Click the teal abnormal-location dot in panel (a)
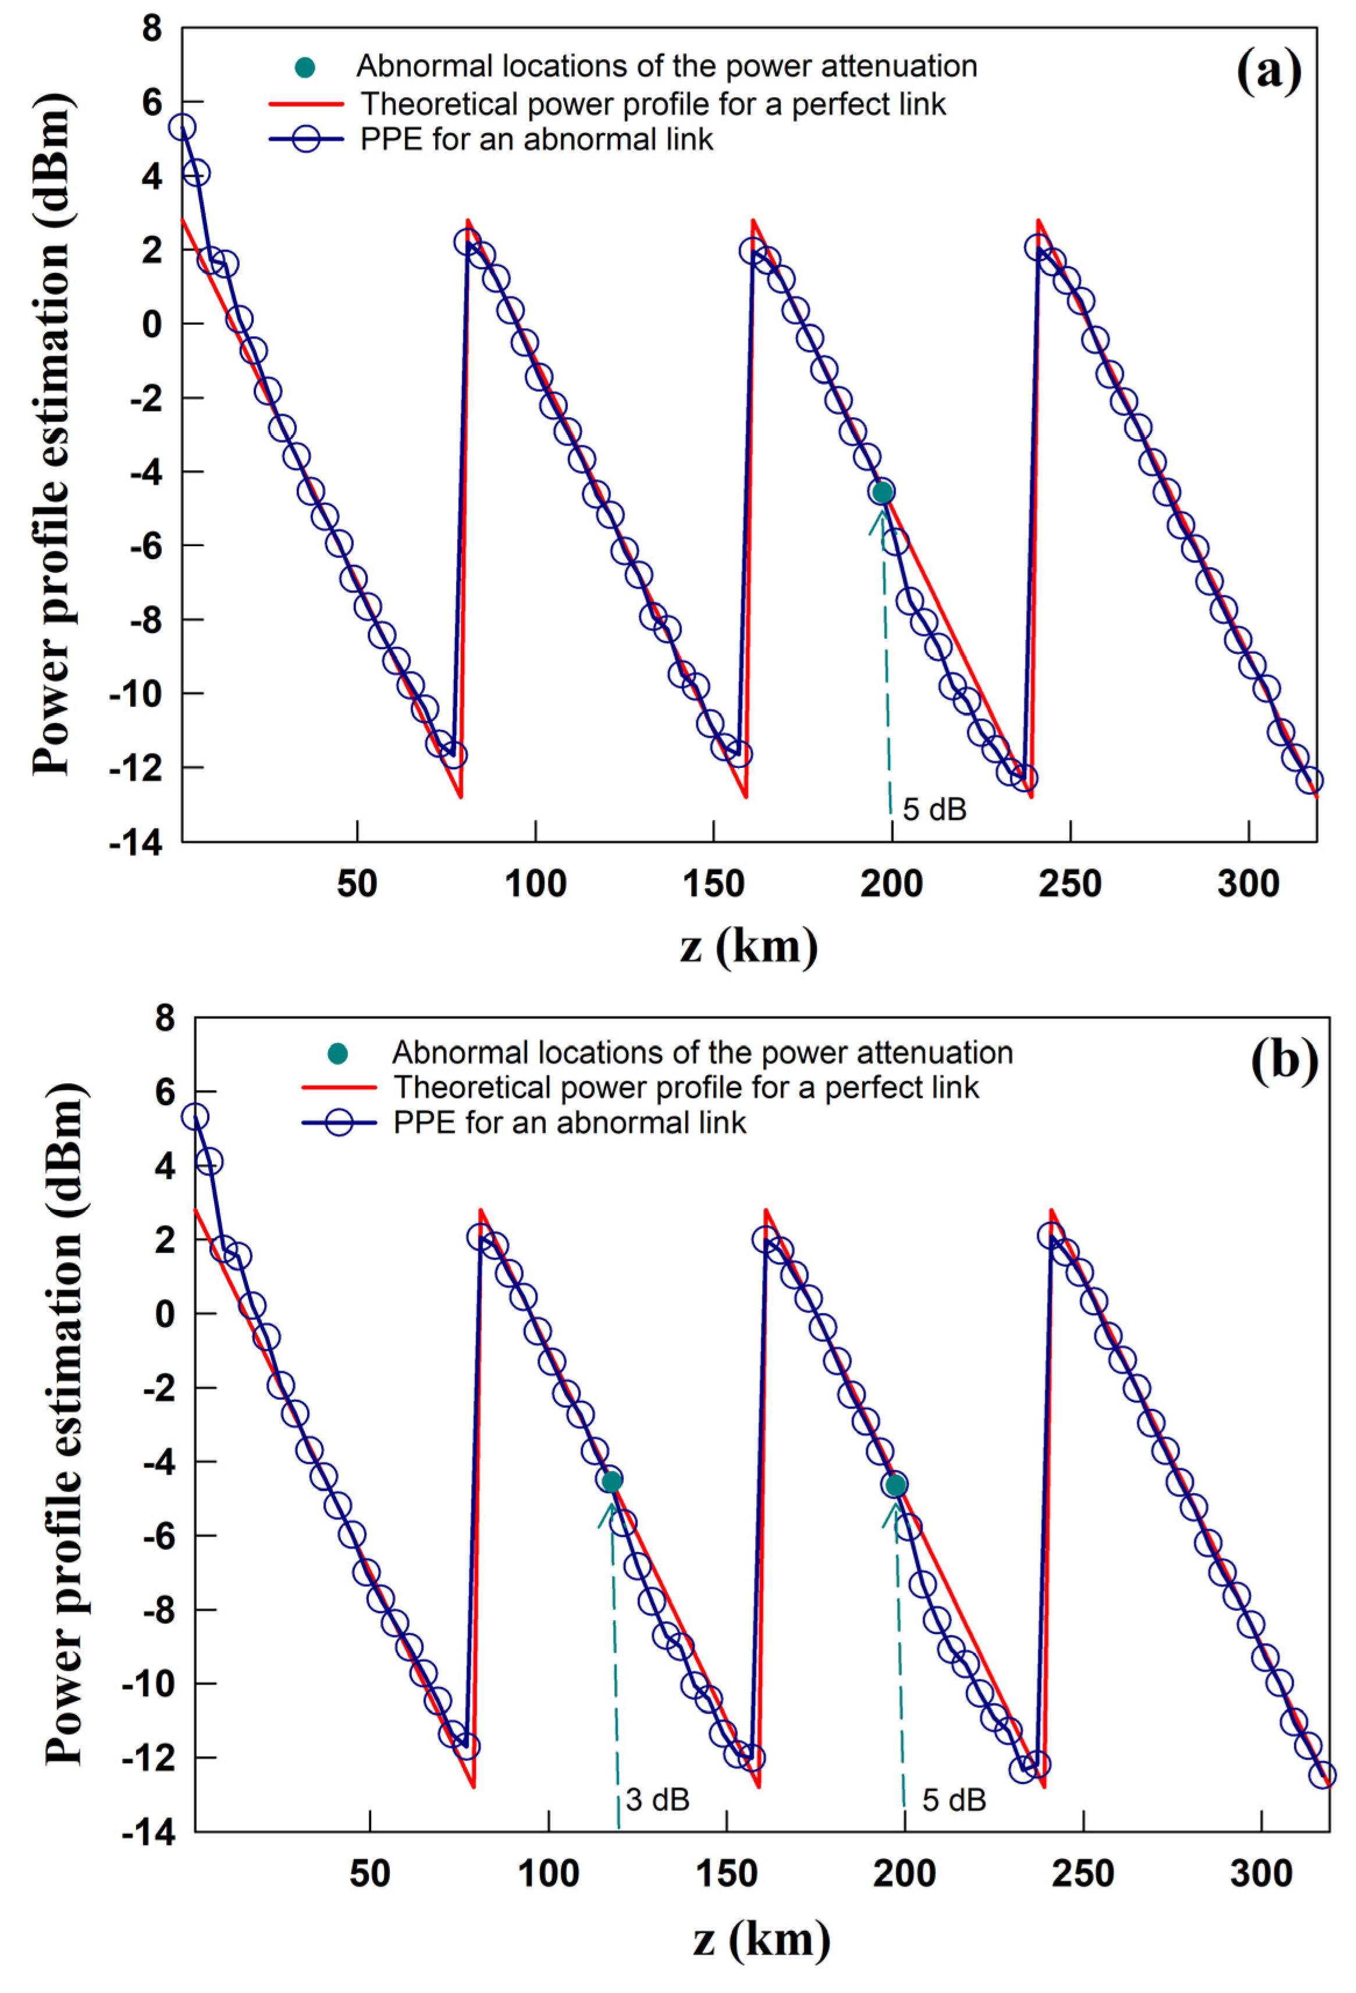[882, 492]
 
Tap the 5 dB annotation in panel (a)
[934, 809]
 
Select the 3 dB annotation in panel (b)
[657, 1799]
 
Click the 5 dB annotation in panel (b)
[954, 1799]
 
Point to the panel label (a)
[1269, 71]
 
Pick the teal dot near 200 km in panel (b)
[895, 1485]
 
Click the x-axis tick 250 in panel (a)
[1070, 883]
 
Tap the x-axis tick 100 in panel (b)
[548, 1874]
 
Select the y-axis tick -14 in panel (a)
[136, 843]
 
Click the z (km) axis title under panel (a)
[748, 946]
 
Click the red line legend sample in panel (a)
[305, 104]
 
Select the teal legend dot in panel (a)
[304, 67]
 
